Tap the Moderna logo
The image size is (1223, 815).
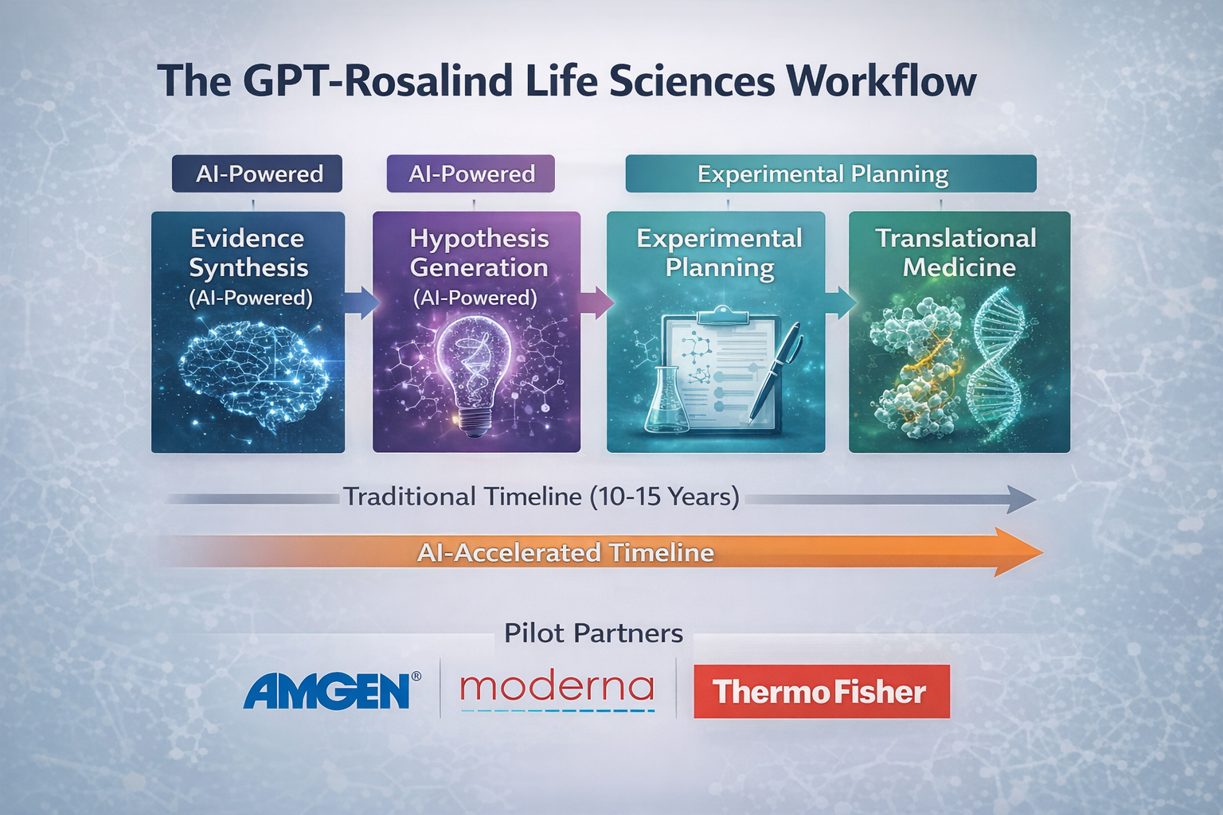tap(557, 688)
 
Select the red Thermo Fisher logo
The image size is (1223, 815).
tap(821, 692)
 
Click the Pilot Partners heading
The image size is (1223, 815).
tap(593, 634)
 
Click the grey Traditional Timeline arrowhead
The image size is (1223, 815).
tap(1022, 500)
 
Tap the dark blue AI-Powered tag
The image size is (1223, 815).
tap(257, 174)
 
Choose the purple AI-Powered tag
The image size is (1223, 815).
tap(471, 174)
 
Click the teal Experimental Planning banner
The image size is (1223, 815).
tap(830, 174)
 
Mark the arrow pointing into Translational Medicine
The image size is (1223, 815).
tap(838, 302)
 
